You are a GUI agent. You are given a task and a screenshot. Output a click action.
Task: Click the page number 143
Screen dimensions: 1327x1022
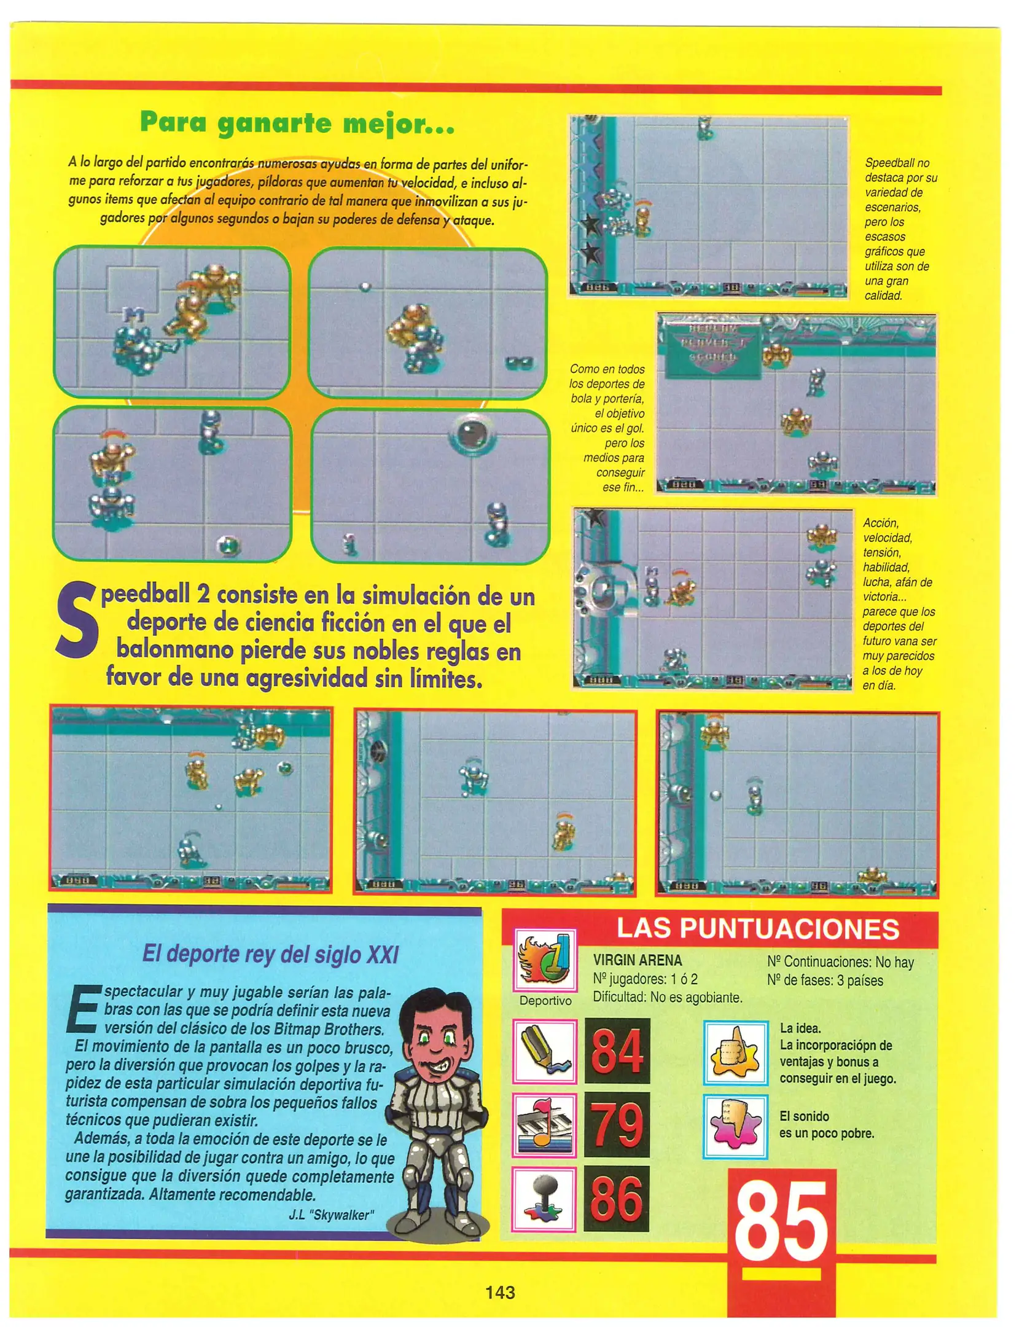pyautogui.click(x=500, y=1292)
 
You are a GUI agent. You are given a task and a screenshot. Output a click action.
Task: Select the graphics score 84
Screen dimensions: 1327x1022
pyautogui.click(x=617, y=1051)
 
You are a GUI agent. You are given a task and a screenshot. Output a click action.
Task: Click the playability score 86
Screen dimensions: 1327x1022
pyautogui.click(x=617, y=1199)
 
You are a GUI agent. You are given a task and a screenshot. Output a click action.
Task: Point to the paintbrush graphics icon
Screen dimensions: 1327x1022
pyautogui.click(x=544, y=1051)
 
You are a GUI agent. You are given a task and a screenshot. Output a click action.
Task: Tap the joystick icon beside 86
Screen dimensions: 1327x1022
pyautogui.click(x=544, y=1199)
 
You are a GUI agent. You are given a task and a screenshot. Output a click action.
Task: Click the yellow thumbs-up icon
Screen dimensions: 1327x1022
pyautogui.click(x=735, y=1053)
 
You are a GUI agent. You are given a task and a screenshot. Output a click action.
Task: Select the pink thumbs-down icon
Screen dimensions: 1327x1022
pyautogui.click(x=735, y=1127)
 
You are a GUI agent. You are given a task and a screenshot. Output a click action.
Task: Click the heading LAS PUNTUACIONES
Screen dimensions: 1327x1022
pyautogui.click(x=758, y=929)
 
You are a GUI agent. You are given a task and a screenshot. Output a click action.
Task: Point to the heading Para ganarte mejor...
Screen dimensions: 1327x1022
pyautogui.click(x=297, y=123)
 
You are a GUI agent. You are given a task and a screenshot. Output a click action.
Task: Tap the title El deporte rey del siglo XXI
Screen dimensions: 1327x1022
pyautogui.click(x=270, y=954)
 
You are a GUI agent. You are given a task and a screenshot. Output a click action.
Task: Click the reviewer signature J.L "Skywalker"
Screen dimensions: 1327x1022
pyautogui.click(x=331, y=1215)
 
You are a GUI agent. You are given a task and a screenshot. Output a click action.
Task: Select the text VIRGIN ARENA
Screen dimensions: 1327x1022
pyautogui.click(x=637, y=960)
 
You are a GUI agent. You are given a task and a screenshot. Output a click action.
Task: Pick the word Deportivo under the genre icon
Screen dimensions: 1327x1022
pyautogui.click(x=545, y=1001)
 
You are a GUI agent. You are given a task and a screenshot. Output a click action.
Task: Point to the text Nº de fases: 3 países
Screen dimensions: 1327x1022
pyautogui.click(x=824, y=981)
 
